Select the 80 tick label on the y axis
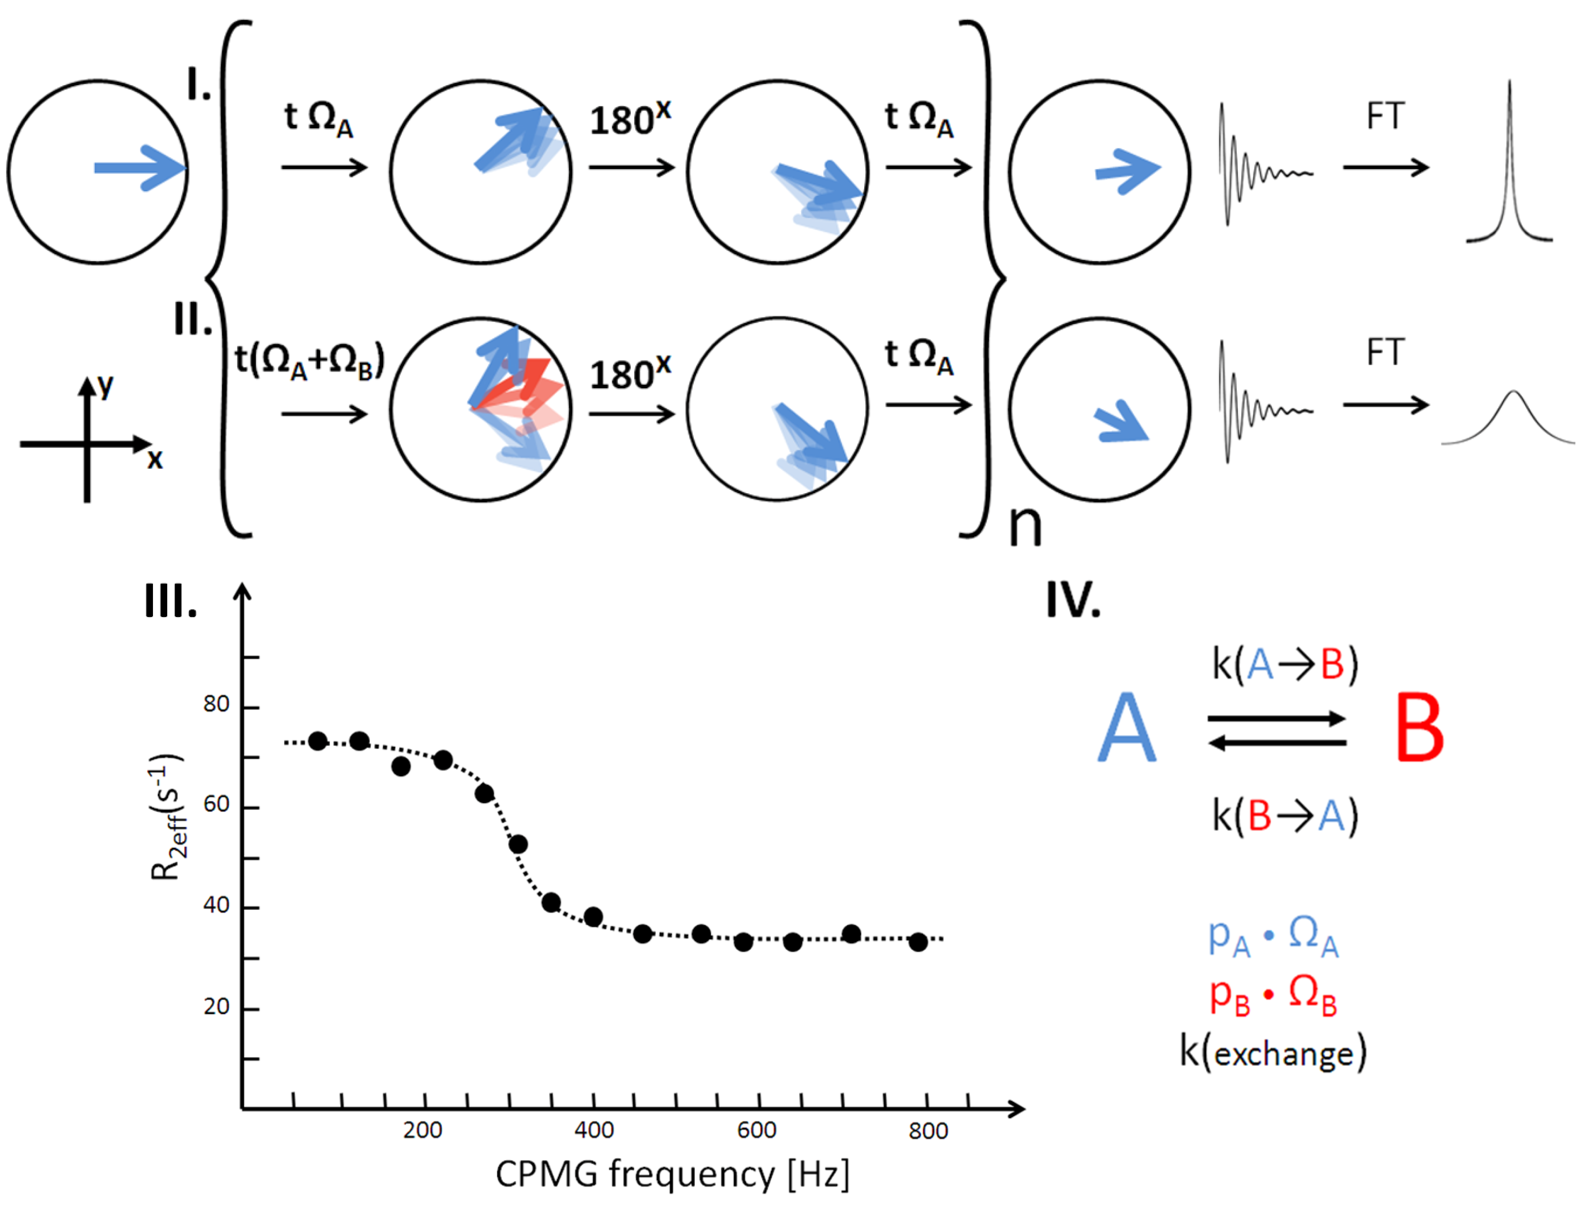[x=216, y=704]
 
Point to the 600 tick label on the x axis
[x=757, y=1130]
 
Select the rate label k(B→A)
[x=1284, y=817]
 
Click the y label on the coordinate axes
[x=106, y=387]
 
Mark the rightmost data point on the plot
[x=917, y=942]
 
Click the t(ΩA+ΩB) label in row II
[x=310, y=360]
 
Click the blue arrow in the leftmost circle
[x=140, y=169]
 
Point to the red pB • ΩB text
[x=1273, y=997]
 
